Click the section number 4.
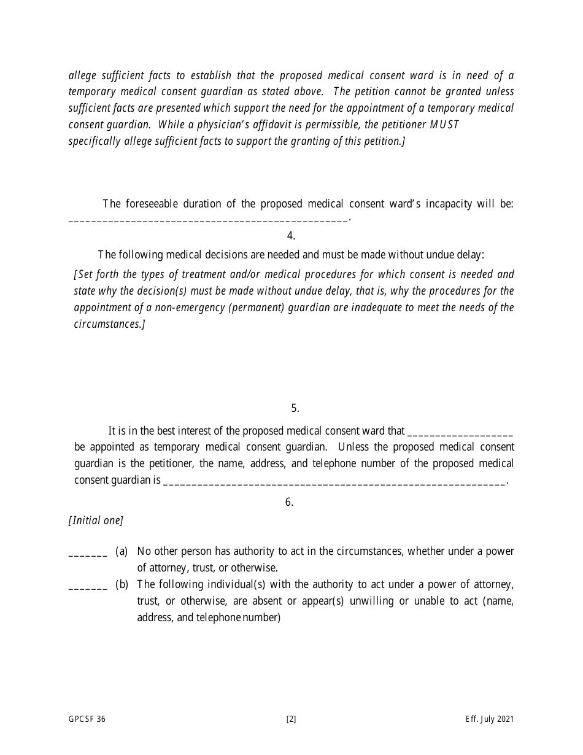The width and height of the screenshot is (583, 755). click(291, 236)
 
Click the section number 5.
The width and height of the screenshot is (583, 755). click(295, 408)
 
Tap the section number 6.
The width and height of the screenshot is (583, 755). click(289, 502)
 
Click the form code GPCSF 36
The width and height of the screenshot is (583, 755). click(87, 719)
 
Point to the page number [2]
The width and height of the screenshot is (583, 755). click(291, 719)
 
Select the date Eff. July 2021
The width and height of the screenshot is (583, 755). click(489, 719)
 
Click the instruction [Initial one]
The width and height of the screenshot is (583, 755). click(96, 521)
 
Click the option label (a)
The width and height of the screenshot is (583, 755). click(122, 551)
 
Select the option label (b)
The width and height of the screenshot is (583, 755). click(122, 584)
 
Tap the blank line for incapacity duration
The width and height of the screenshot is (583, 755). click(208, 220)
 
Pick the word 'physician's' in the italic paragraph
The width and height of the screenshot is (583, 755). click(209, 125)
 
